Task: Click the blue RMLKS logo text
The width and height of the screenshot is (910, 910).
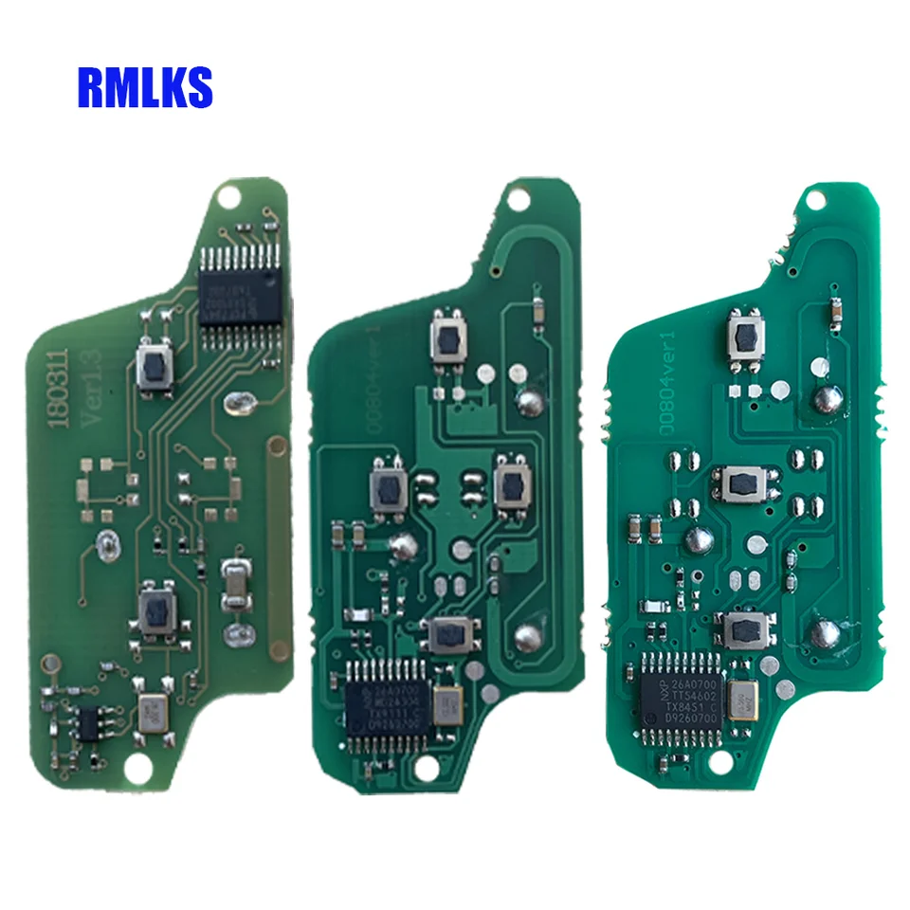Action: click(144, 86)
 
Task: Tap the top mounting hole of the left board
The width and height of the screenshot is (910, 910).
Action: click(227, 197)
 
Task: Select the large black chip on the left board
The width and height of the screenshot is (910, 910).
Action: click(241, 295)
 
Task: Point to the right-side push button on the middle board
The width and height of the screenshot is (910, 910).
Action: click(513, 486)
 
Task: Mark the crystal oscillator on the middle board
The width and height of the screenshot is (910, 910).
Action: click(446, 703)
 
